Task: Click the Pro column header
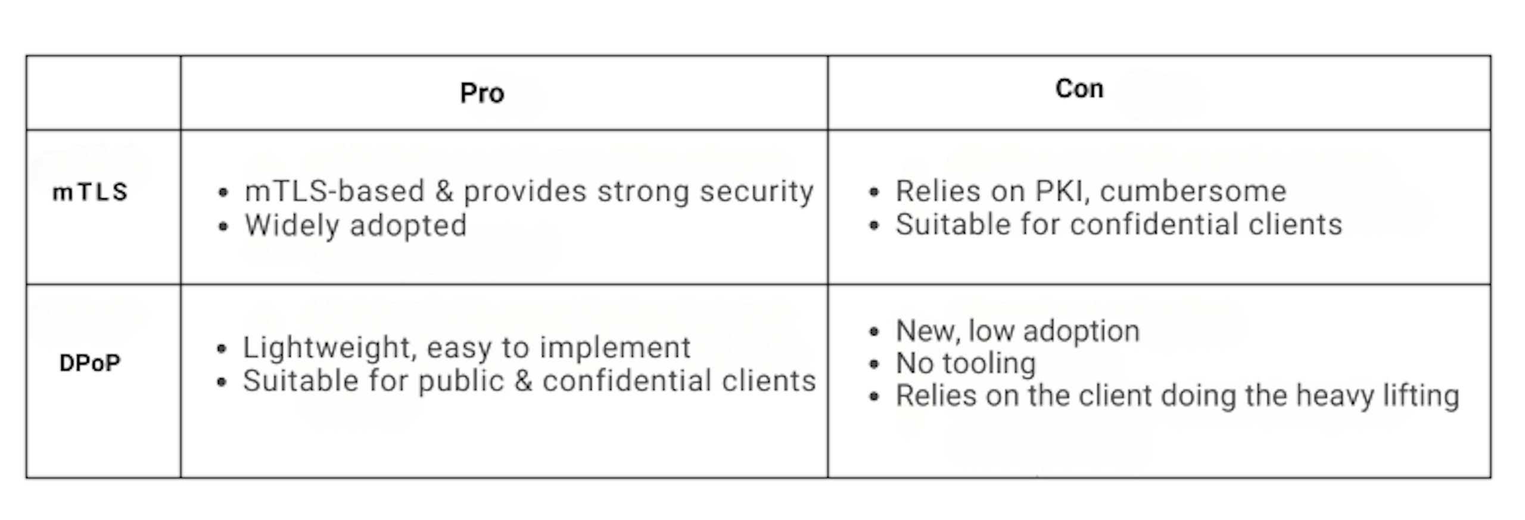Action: tap(482, 93)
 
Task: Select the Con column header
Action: tap(1079, 89)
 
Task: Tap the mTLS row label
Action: tap(90, 192)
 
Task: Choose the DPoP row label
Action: tap(90, 363)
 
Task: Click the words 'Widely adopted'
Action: tap(356, 226)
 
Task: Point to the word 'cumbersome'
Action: tap(1193, 191)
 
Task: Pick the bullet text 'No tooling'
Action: tap(966, 363)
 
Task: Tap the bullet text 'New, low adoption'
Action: tap(1018, 331)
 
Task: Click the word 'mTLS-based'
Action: tap(335, 191)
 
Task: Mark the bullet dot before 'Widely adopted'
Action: tap(223, 226)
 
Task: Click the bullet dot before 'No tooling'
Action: tap(874, 364)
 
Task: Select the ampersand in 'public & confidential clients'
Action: tap(523, 381)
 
